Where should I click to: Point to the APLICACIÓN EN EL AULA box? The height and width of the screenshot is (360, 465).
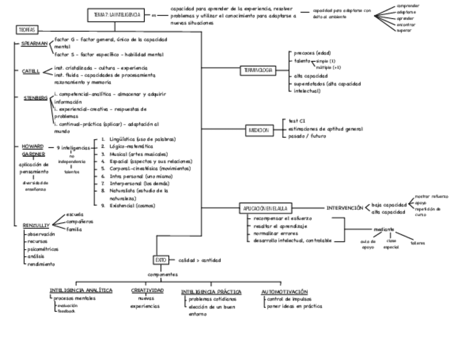coord(266,209)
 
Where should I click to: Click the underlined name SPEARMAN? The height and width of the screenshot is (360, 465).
coord(34,43)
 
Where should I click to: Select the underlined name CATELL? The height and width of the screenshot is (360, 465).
coord(31,71)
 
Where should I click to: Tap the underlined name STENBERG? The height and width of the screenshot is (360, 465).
coord(35,97)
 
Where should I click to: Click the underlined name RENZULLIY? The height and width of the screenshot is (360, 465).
coord(36,226)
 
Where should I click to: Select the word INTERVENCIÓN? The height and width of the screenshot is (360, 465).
coord(345,208)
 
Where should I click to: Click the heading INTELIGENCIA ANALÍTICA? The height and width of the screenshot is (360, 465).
coord(81,290)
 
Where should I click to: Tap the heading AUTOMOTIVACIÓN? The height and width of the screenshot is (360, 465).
coord(284,292)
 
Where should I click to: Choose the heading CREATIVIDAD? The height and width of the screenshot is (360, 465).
coord(147,290)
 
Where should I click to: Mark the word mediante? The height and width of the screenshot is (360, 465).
coord(384,229)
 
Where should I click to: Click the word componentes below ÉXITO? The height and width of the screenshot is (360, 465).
coord(163,274)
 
